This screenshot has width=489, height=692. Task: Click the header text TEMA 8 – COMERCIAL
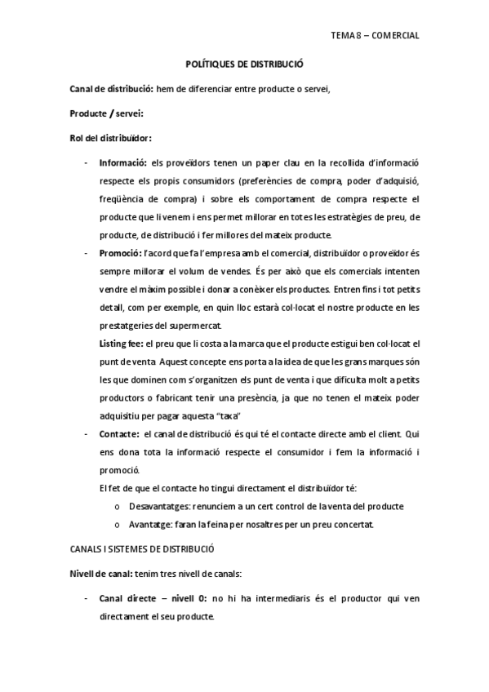(x=375, y=36)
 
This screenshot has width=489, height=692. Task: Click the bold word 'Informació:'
(x=122, y=162)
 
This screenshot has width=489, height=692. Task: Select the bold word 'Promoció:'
(x=120, y=254)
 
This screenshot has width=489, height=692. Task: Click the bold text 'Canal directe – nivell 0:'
(x=152, y=599)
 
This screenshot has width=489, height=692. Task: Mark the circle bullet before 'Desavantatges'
(x=120, y=507)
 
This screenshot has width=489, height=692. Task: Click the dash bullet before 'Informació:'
(x=87, y=162)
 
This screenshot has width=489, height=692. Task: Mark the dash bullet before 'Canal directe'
(x=87, y=599)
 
